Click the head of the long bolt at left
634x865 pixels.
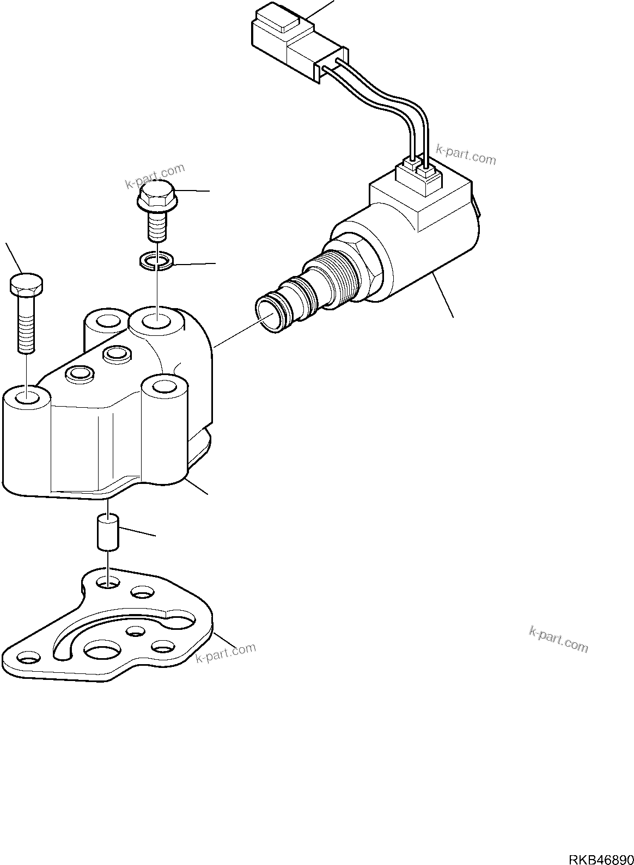[x=27, y=285]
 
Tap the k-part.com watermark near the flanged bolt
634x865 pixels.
[x=155, y=177]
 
